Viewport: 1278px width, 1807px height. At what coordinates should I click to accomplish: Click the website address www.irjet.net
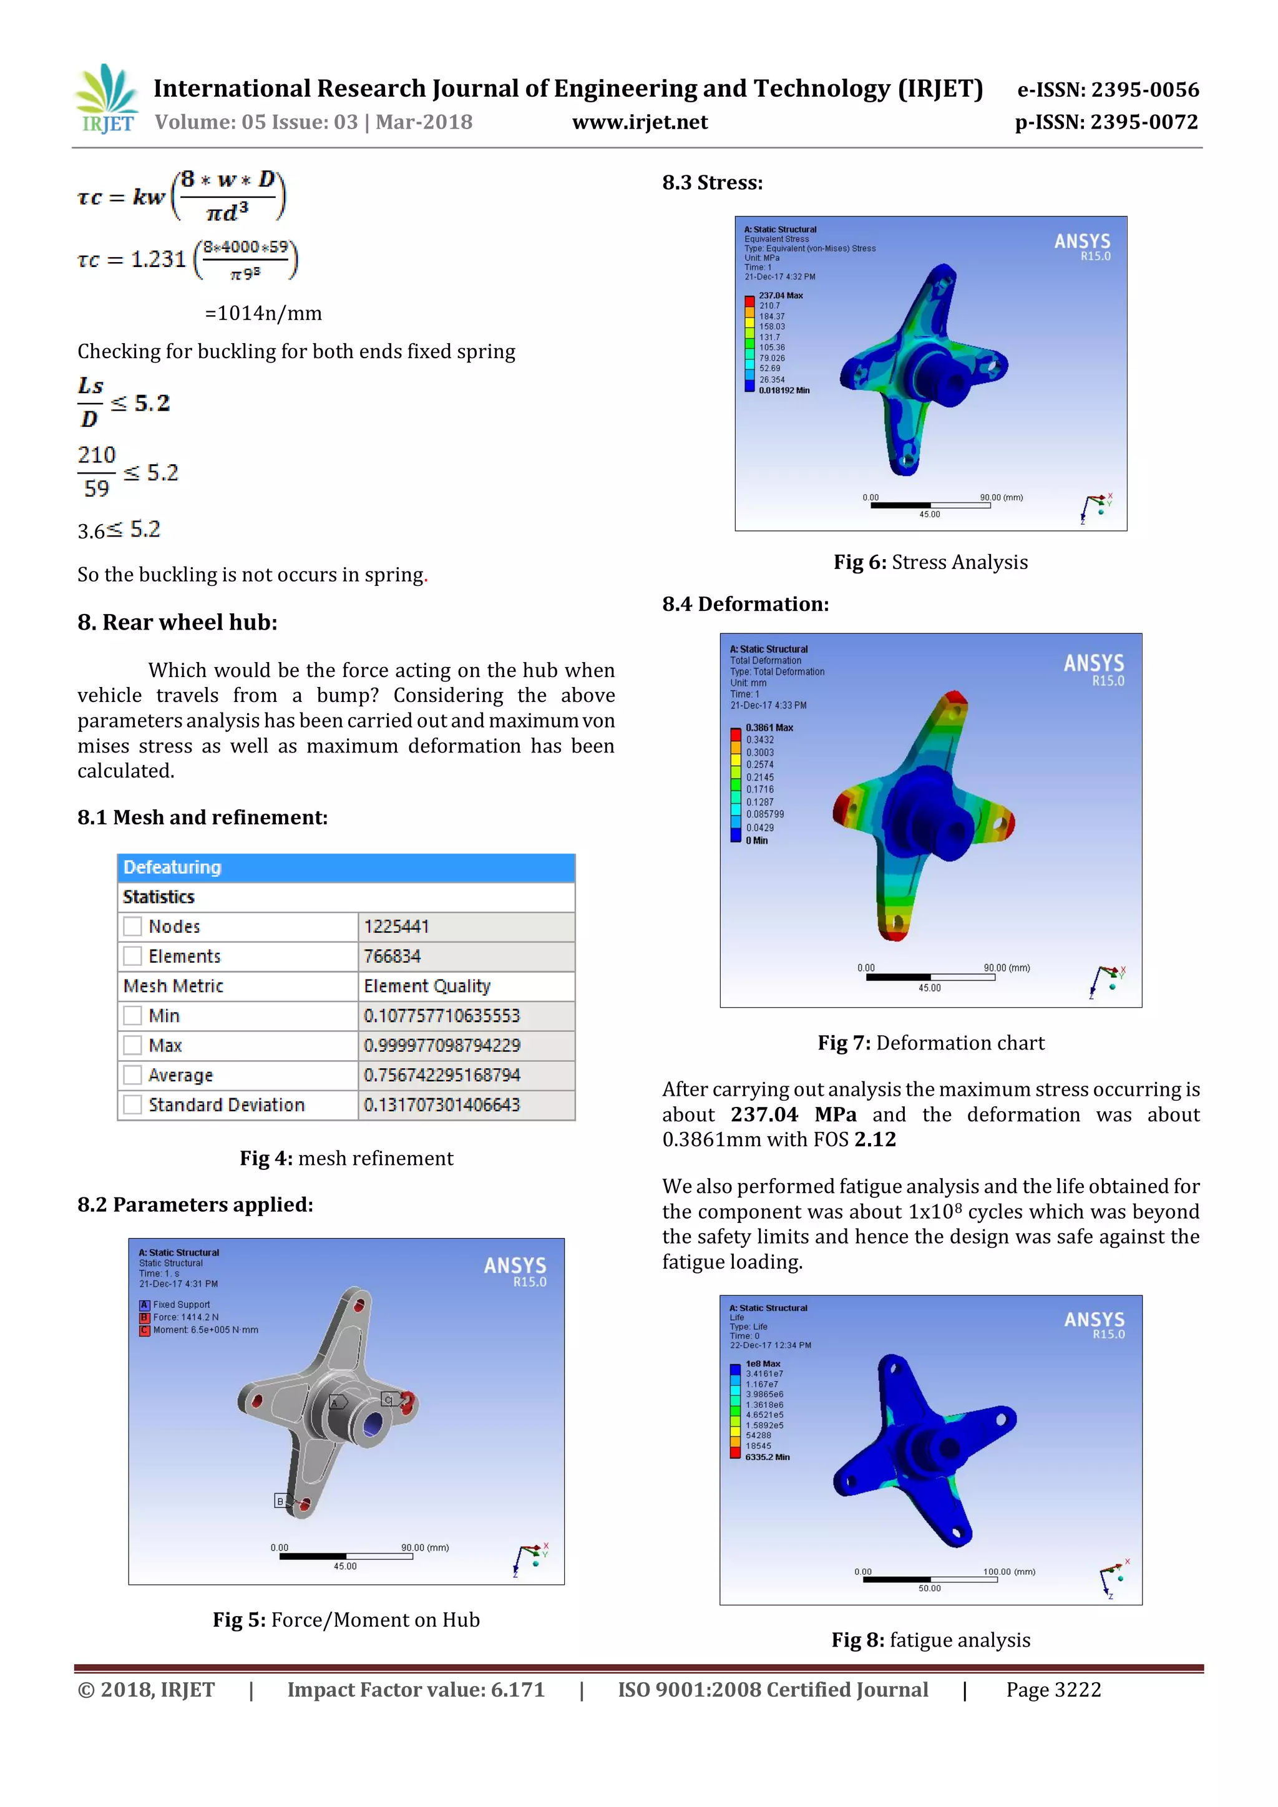point(639,122)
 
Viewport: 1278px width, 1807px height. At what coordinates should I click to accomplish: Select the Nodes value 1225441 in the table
point(397,927)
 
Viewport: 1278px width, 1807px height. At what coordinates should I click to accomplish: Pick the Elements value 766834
point(392,957)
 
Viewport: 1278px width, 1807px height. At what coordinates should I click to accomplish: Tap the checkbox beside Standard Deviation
point(133,1104)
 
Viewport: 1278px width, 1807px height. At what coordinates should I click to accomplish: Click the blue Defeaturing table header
point(346,867)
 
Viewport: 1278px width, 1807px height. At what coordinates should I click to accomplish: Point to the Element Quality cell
point(427,986)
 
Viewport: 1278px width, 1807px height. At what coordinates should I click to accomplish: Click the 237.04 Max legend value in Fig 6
point(780,296)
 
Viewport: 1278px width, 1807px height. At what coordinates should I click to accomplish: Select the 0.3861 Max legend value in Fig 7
point(769,727)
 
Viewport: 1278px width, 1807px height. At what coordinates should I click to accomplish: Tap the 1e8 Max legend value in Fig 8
point(763,1364)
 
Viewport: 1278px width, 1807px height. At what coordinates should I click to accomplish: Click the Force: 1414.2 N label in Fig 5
point(186,1317)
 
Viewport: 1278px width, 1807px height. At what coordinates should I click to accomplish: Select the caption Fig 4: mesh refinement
point(346,1159)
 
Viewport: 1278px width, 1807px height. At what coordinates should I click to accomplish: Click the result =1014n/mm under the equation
point(263,313)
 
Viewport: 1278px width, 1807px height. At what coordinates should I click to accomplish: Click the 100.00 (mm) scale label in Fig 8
point(1009,1572)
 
